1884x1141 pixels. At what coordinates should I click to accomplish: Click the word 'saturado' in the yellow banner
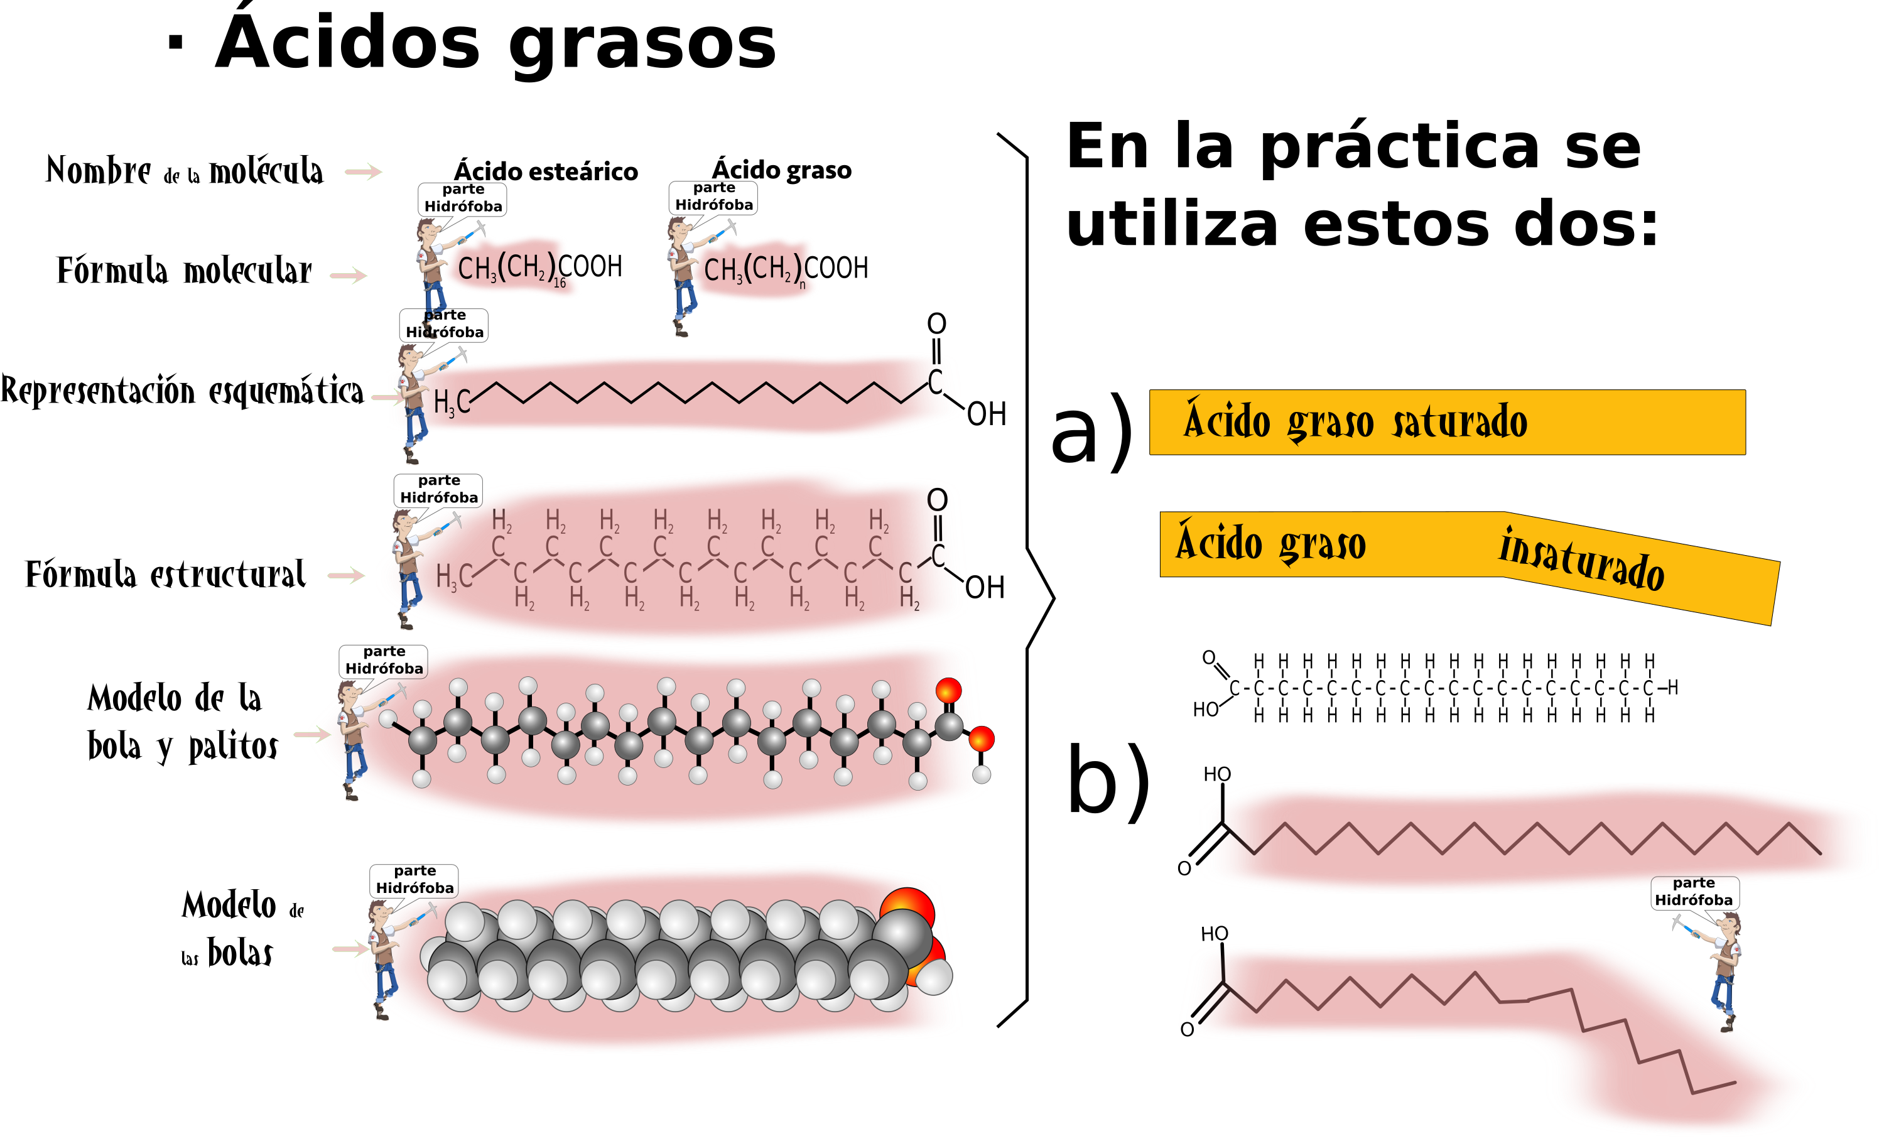click(x=1459, y=421)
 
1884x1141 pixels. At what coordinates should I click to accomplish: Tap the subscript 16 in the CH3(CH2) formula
click(x=560, y=283)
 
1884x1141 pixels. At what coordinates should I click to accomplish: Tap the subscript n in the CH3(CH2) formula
click(x=802, y=285)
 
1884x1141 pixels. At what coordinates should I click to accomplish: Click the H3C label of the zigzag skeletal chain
click(x=451, y=403)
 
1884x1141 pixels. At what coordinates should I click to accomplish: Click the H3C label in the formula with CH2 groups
click(x=454, y=577)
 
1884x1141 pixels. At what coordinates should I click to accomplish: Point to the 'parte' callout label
click(x=1694, y=882)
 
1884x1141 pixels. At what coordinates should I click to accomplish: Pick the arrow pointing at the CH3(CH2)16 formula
click(x=349, y=275)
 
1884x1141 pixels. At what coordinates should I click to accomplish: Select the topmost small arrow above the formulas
click(x=363, y=171)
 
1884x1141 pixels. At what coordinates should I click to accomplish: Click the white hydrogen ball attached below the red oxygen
click(x=981, y=775)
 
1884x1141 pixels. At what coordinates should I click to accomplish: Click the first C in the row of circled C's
click(x=1234, y=688)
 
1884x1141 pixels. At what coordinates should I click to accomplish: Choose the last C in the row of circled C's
click(x=1648, y=688)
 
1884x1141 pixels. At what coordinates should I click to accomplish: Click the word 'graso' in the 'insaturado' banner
click(x=1322, y=544)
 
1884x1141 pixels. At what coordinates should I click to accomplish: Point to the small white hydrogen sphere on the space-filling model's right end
click(x=934, y=976)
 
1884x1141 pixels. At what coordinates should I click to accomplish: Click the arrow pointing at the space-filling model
click(x=349, y=949)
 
